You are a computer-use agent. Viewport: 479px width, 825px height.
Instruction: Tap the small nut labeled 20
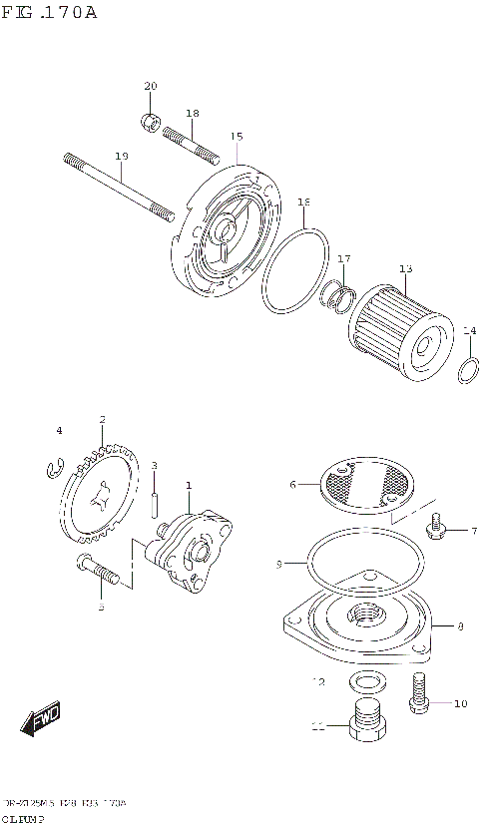pos(151,122)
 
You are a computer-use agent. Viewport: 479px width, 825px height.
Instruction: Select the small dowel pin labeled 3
pos(155,505)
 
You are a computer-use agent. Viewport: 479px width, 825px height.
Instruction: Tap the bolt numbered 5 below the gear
pos(100,571)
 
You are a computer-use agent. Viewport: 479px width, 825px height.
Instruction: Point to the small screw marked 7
pos(436,528)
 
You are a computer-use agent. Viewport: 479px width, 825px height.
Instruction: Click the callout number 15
pos(237,137)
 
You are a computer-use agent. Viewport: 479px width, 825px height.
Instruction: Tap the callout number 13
pos(405,268)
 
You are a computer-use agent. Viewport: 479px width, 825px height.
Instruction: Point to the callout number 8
pos(460,626)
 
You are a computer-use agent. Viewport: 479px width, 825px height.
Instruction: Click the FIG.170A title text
pos(49,13)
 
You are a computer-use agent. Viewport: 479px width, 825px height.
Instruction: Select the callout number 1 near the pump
pos(188,486)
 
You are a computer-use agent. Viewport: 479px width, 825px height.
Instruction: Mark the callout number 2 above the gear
pos(103,420)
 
